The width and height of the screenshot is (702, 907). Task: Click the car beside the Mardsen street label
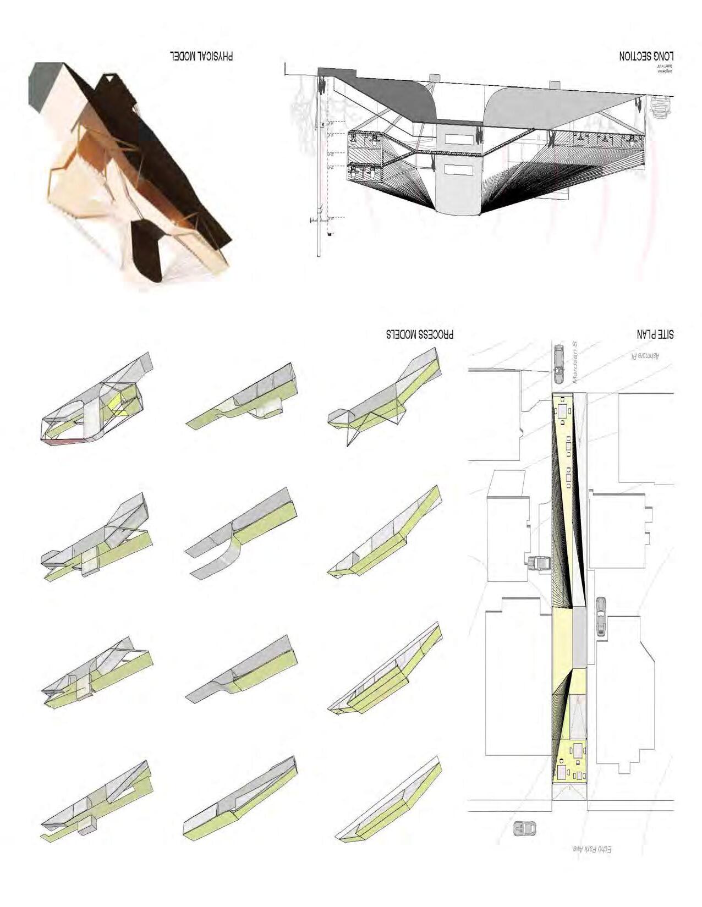pyautogui.click(x=559, y=363)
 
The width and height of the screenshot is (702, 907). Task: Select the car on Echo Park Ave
pyautogui.click(x=525, y=828)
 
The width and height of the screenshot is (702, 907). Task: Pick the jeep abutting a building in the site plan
pyautogui.click(x=539, y=564)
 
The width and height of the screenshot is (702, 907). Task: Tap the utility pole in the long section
pyautogui.click(x=319, y=165)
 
